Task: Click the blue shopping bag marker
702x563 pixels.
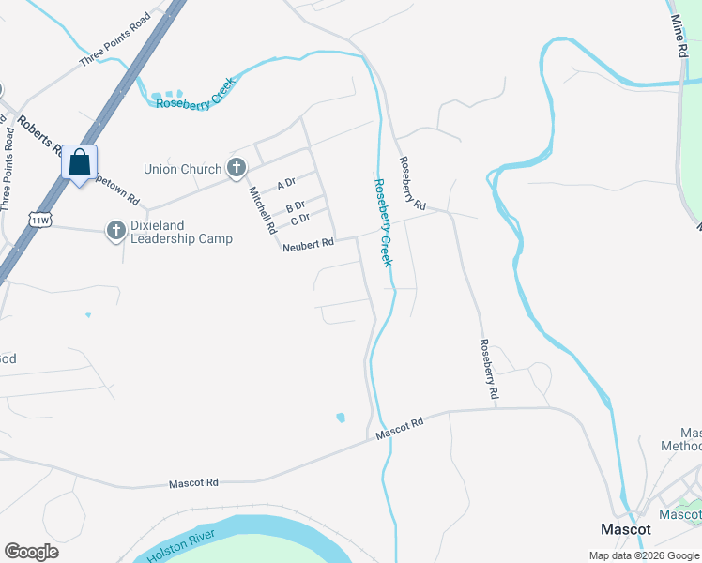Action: click(x=80, y=163)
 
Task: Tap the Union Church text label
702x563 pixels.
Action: click(x=183, y=170)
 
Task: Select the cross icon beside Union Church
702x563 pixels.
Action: click(x=237, y=169)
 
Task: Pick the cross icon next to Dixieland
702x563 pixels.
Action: click(x=115, y=231)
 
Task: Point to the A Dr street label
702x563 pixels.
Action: click(x=286, y=184)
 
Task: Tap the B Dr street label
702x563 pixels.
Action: click(x=296, y=205)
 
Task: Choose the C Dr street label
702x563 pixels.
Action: click(x=300, y=220)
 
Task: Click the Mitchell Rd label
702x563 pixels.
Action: click(x=262, y=209)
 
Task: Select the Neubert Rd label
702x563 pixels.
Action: click(x=308, y=244)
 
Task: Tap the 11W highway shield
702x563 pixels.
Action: click(x=39, y=220)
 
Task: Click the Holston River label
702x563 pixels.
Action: click(x=181, y=545)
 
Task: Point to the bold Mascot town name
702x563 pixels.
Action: click(x=626, y=529)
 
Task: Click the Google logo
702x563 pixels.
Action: click(x=31, y=551)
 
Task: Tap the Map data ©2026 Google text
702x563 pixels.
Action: click(x=643, y=555)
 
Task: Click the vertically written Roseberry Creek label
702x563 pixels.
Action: click(x=383, y=223)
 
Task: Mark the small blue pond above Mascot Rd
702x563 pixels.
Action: click(x=340, y=417)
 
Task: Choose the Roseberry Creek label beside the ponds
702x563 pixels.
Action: click(x=195, y=96)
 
